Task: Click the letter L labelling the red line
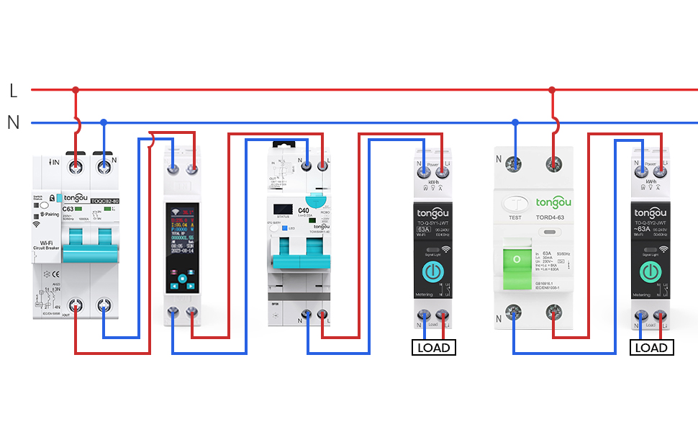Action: (13, 91)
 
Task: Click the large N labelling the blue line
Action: (13, 122)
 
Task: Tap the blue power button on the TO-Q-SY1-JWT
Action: (432, 271)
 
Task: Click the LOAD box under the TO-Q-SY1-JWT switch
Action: (434, 348)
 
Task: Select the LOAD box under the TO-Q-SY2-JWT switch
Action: (651, 348)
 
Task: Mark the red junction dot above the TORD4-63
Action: (552, 91)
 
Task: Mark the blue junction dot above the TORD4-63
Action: (515, 122)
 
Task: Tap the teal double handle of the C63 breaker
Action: (90, 248)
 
